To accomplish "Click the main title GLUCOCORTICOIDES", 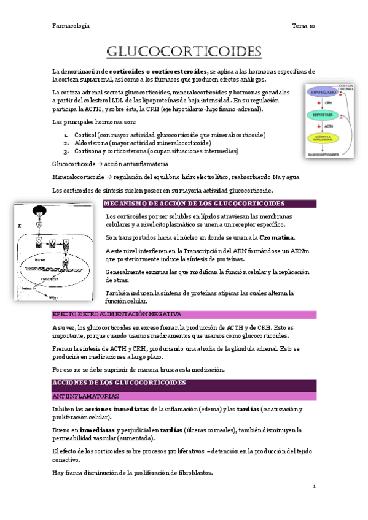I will tap(184, 50).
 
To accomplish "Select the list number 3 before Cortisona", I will tap(66, 151).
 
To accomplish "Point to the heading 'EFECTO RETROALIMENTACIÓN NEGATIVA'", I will tap(109, 314).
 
